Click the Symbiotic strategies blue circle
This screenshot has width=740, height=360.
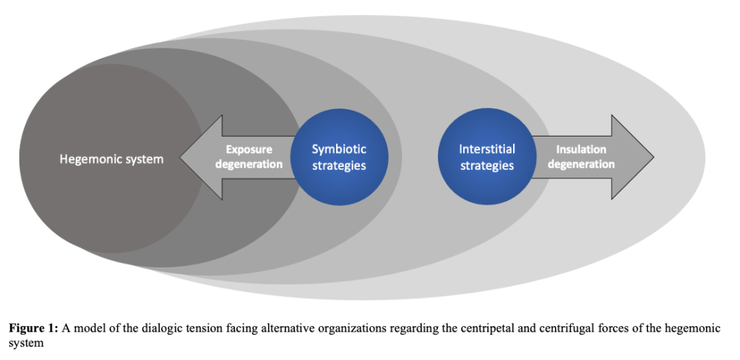tap(339, 157)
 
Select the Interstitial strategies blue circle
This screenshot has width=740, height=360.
tap(486, 157)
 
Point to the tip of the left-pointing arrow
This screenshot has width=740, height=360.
tap(181, 157)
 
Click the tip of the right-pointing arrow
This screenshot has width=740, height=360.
tap(653, 157)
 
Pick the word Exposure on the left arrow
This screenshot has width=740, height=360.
tap(249, 150)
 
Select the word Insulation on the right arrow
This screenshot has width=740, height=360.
tap(581, 150)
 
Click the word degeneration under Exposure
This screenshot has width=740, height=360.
tap(249, 164)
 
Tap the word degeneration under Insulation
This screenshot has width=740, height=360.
tap(581, 164)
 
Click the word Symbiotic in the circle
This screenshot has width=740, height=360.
tap(339, 149)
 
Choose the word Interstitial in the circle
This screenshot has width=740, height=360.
tap(486, 149)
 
